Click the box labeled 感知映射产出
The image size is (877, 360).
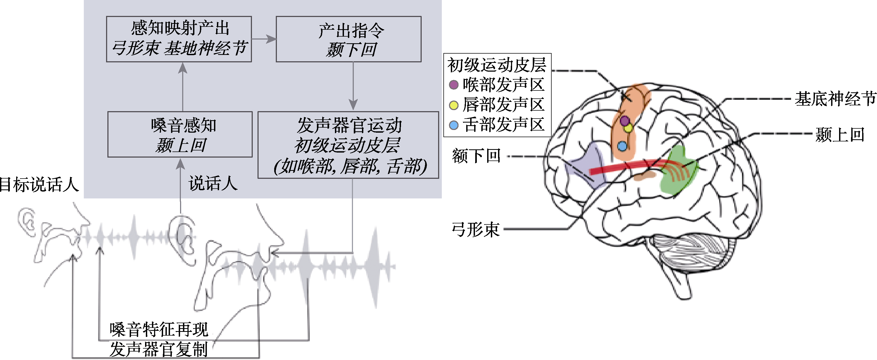pyautogui.click(x=179, y=39)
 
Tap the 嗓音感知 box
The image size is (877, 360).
pyautogui.click(x=180, y=134)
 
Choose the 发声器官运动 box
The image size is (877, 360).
pyautogui.click(x=348, y=145)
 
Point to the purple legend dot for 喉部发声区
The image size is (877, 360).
pyautogui.click(x=453, y=84)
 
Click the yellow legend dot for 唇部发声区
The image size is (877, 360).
pyautogui.click(x=453, y=105)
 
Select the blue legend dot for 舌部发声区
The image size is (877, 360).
pyautogui.click(x=453, y=125)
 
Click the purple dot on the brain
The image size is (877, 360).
pyautogui.click(x=624, y=120)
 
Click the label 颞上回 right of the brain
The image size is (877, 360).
pyautogui.click(x=840, y=135)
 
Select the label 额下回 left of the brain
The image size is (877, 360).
pyautogui.click(x=476, y=156)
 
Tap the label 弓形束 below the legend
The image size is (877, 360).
pyautogui.click(x=475, y=229)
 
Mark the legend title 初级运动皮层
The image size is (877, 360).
pyautogui.click(x=497, y=65)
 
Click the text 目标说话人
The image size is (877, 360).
pyautogui.click(x=39, y=185)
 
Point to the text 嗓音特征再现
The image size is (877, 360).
pyautogui.click(x=159, y=329)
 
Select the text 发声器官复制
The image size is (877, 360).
pyautogui.click(x=159, y=349)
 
